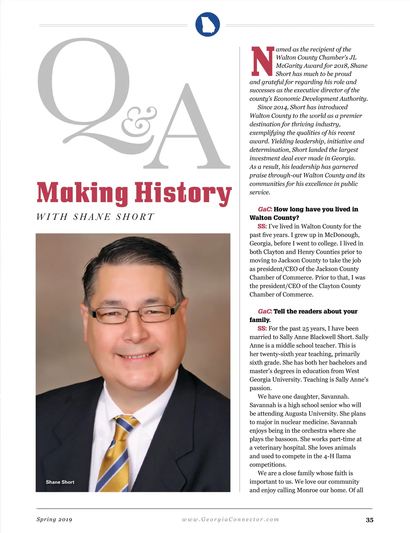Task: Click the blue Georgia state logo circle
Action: [x=207, y=24]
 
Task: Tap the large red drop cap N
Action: [x=262, y=61]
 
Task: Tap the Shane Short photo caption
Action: [x=60, y=482]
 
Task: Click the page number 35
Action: [x=369, y=520]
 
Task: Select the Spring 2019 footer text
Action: [x=54, y=519]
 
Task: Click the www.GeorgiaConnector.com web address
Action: [x=231, y=519]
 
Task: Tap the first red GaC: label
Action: [x=265, y=209]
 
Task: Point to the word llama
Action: [x=343, y=456]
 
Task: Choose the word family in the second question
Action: [x=260, y=320]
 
